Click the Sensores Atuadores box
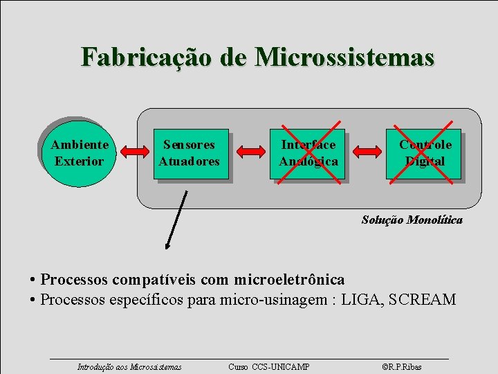190,154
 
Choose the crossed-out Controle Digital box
424,154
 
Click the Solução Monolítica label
412,220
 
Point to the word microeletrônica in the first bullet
289,280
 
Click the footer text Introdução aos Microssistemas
129,366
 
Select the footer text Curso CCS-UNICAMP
269,366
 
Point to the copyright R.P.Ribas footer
401,366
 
